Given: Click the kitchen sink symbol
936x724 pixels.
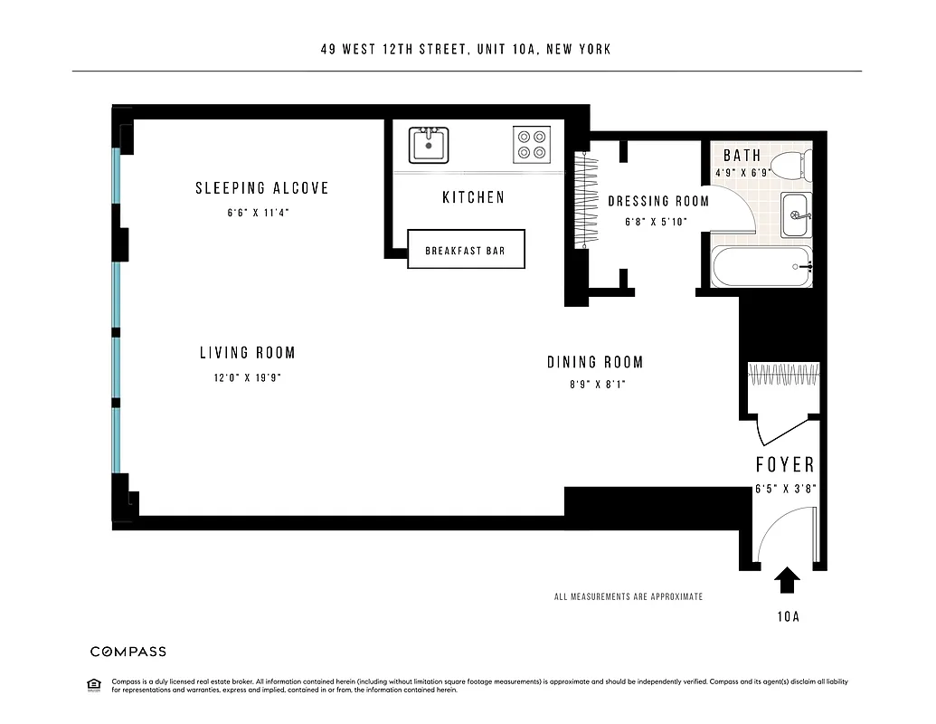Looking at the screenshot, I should [x=429, y=145].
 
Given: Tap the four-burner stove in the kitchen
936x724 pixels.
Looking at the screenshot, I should [x=531, y=145].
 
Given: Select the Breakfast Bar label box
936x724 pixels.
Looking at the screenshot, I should [x=466, y=250].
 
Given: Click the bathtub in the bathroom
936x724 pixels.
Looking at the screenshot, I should [x=761, y=267].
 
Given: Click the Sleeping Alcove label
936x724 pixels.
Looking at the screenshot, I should [x=262, y=188].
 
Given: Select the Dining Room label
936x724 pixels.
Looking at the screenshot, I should [x=595, y=362].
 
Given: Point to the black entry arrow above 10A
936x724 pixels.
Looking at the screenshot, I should [x=787, y=579].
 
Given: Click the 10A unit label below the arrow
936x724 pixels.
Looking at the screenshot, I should [x=787, y=618].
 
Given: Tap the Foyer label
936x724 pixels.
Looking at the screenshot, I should [x=785, y=465].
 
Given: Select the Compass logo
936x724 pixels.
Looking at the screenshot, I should [x=128, y=652].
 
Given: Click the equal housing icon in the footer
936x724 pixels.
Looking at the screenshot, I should [x=92, y=683].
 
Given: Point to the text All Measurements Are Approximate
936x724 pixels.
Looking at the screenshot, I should [x=628, y=597].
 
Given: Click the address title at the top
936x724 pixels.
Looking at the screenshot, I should [x=466, y=49].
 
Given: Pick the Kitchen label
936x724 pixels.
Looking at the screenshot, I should [x=473, y=197].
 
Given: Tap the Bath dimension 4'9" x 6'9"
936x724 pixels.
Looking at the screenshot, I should [x=742, y=173].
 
